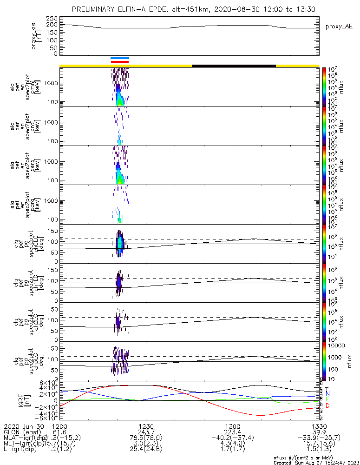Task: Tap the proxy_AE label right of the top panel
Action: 339,27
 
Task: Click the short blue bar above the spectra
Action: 120,58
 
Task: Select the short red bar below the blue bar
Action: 120,61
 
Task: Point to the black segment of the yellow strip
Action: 234,66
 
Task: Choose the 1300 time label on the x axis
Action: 232,426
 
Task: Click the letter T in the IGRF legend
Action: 327,389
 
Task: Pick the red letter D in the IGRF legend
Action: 327,406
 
